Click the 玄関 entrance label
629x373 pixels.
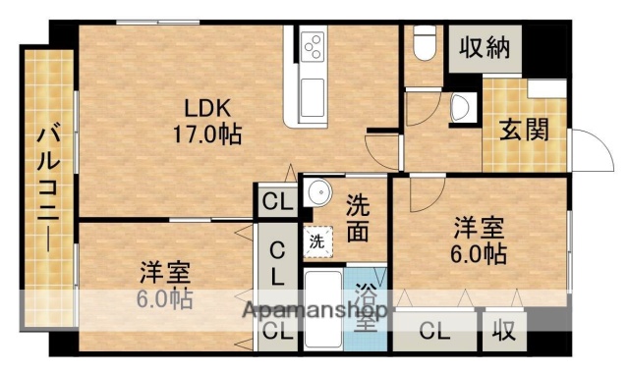click(x=522, y=131)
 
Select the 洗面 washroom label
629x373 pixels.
click(x=358, y=218)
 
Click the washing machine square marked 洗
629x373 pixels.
click(x=317, y=240)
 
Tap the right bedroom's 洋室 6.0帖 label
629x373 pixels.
click(x=480, y=240)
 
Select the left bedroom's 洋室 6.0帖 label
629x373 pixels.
click(x=164, y=284)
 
